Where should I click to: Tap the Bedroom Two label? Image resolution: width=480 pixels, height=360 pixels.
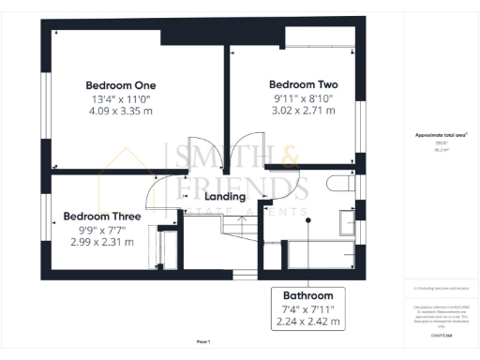pyautogui.click(x=303, y=83)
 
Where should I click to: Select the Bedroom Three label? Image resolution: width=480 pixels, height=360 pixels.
pyautogui.click(x=102, y=216)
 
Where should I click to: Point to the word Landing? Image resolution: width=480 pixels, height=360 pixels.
pyautogui.click(x=224, y=196)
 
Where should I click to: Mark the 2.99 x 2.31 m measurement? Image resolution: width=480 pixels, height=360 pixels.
pyautogui.click(x=102, y=242)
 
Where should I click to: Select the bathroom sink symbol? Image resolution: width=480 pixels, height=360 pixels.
pyautogui.click(x=346, y=222)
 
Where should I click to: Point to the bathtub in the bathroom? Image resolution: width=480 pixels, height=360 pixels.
pyautogui.click(x=319, y=253)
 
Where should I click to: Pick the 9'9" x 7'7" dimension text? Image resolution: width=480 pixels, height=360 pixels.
pyautogui.click(x=102, y=229)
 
